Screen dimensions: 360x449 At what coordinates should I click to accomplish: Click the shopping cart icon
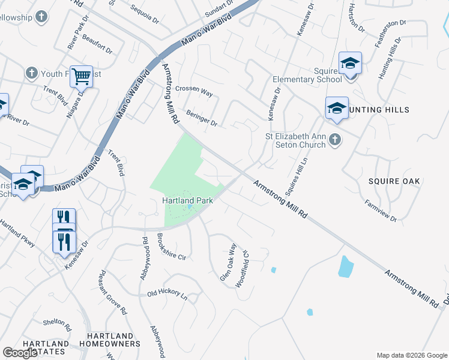coord(81,76)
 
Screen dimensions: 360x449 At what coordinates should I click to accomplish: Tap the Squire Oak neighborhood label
coord(394,181)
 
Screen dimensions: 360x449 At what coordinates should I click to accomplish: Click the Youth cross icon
coord(31,74)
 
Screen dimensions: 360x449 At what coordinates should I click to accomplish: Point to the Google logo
coord(21,353)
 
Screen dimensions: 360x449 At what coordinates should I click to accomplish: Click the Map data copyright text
coord(412,355)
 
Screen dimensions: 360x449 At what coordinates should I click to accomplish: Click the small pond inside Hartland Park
coord(190,207)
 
